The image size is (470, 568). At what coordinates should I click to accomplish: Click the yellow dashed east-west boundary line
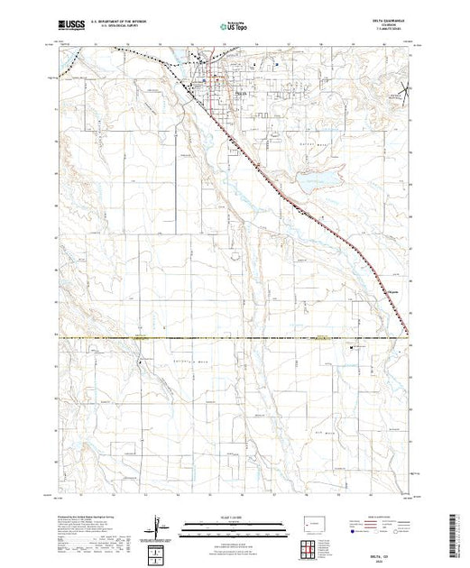pyautogui.click(x=235, y=338)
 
